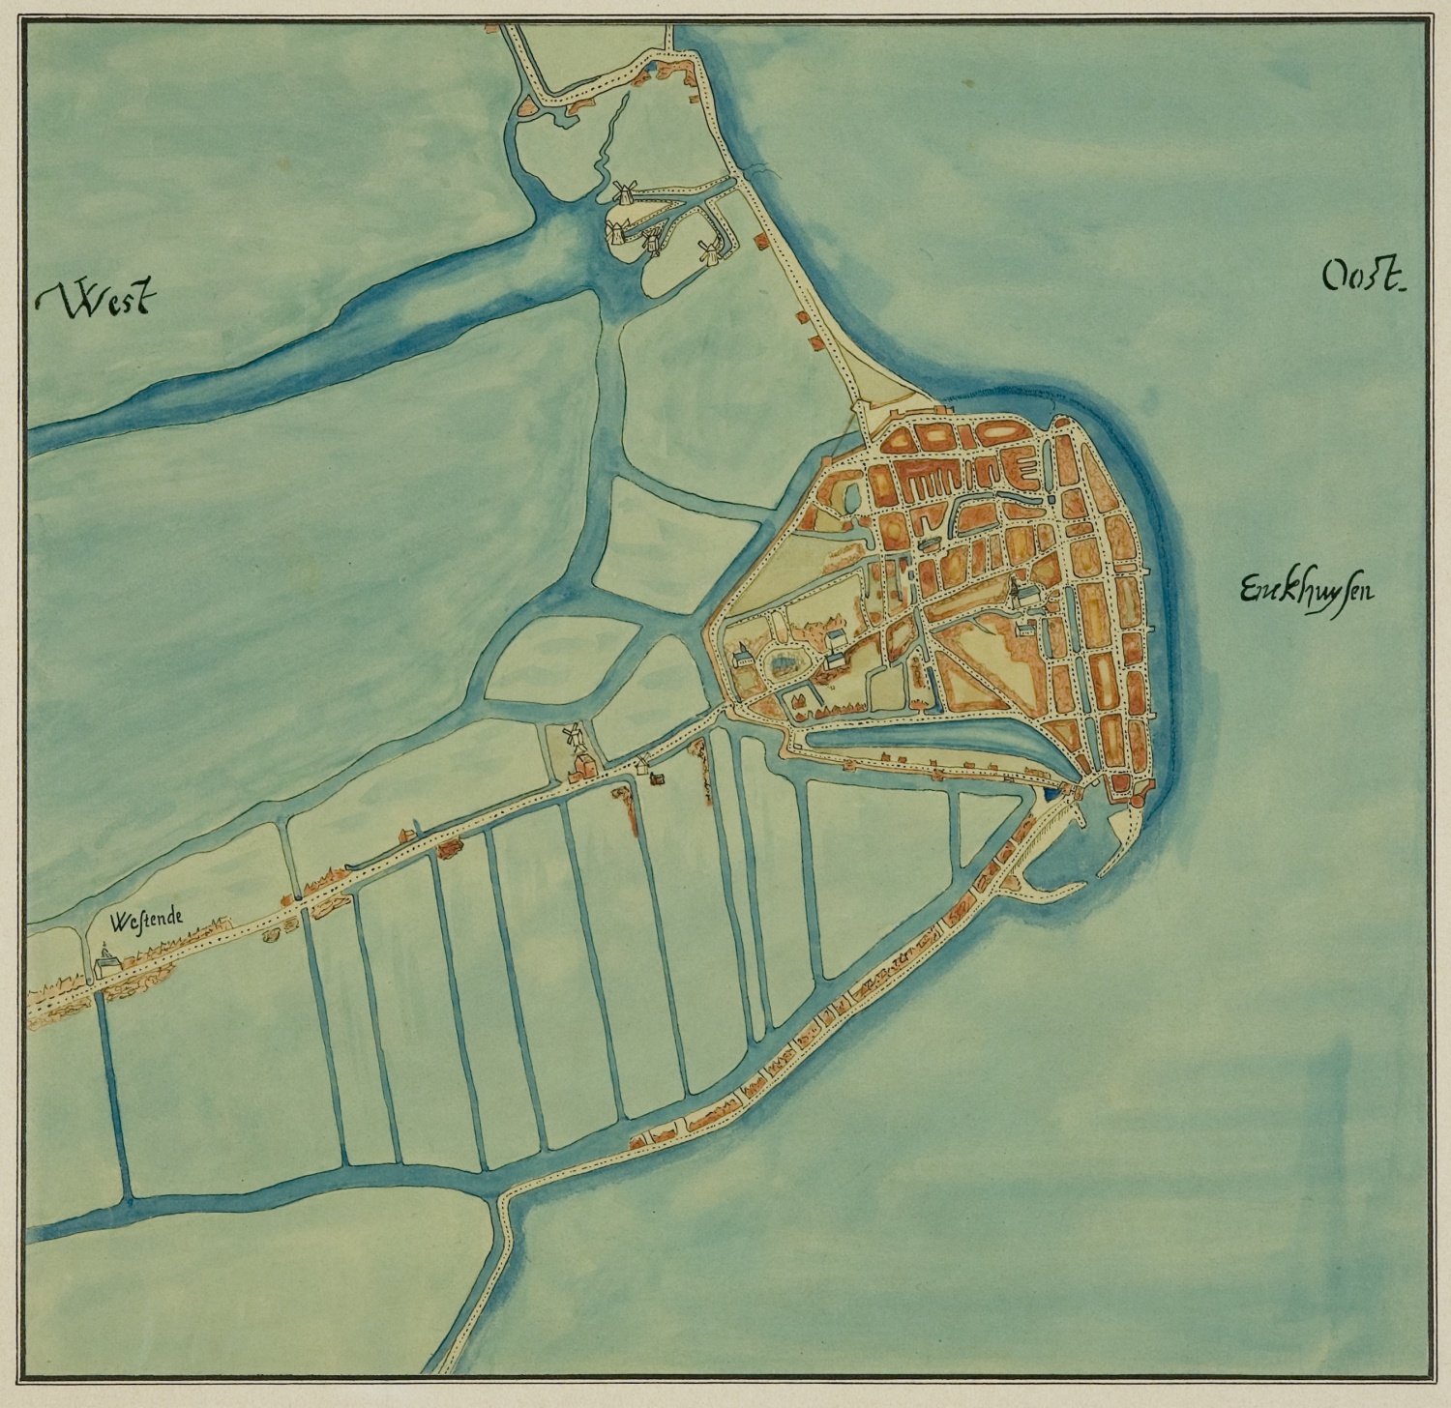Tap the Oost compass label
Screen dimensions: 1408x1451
click(x=1362, y=279)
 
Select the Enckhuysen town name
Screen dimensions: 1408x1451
click(x=1305, y=589)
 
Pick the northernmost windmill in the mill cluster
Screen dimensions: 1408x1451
click(x=624, y=191)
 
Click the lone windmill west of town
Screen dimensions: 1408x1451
click(x=574, y=736)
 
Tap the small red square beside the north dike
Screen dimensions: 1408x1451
click(x=760, y=238)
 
